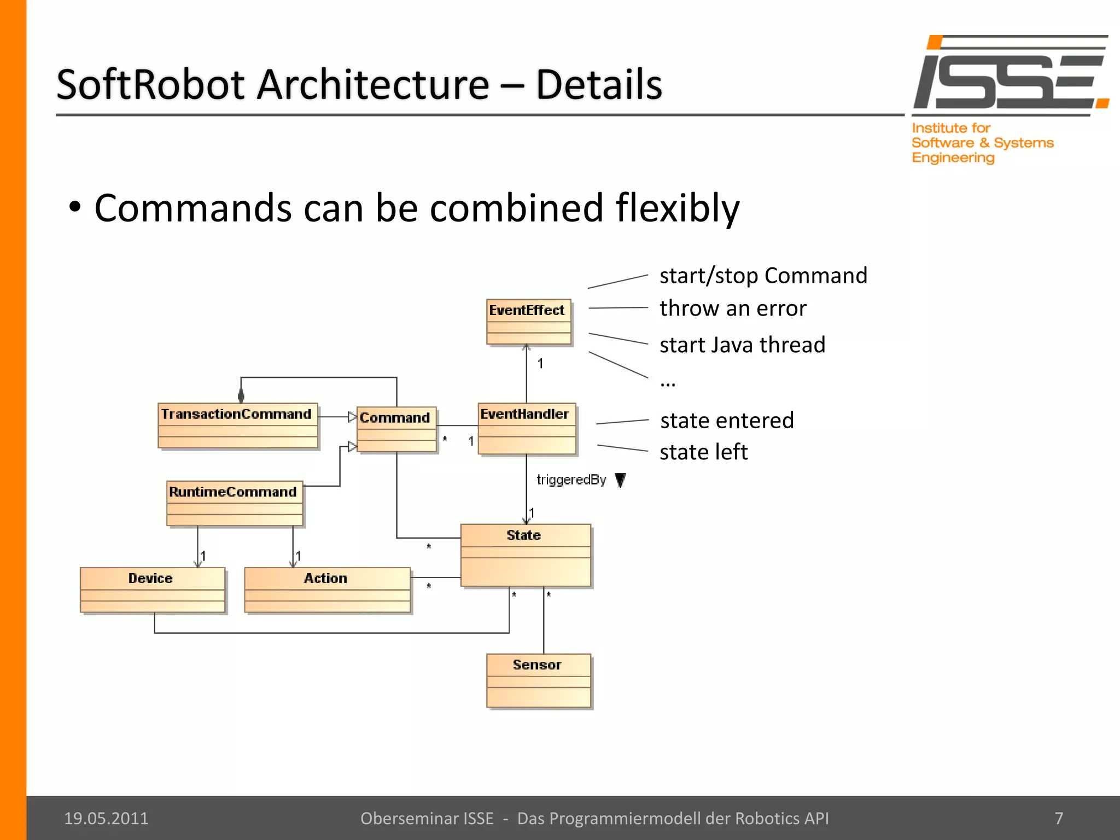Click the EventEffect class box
tap(528, 322)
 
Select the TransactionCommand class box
tap(237, 426)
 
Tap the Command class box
tap(396, 429)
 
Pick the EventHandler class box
tap(527, 429)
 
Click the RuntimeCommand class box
tap(234, 503)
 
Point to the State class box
tap(525, 555)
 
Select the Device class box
tap(152, 590)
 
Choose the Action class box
tap(326, 590)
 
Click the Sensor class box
tap(538, 680)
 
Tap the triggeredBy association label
tap(571, 480)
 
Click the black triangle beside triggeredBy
tap(620, 480)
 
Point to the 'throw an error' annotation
tap(732, 308)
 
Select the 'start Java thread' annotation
tap(742, 345)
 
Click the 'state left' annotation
tap(703, 452)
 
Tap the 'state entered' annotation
tap(726, 421)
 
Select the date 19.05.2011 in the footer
tap(106, 818)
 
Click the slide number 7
tap(1059, 818)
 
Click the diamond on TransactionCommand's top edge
tap(241, 396)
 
